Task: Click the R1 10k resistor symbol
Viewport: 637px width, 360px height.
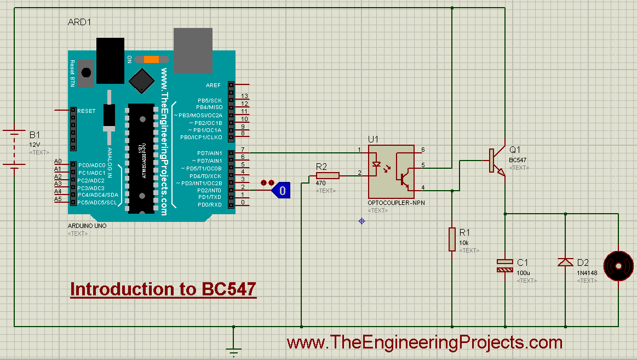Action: coord(452,239)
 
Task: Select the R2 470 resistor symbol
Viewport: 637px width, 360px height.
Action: coord(328,175)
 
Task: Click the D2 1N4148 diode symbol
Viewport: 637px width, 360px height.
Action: coord(565,262)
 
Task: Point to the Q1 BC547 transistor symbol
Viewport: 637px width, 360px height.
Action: coord(496,161)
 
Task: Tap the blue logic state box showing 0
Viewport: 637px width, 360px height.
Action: coord(283,191)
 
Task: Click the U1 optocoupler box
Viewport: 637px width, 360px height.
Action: coord(391,171)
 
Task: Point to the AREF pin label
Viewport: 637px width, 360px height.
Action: coord(213,85)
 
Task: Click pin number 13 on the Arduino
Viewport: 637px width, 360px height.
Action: coord(244,96)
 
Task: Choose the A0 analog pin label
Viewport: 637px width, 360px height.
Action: coord(58,162)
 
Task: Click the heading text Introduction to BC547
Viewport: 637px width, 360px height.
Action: coord(163,289)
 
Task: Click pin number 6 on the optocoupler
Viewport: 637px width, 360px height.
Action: coord(422,150)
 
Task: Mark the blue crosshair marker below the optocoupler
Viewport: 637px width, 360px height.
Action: coord(361,221)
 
